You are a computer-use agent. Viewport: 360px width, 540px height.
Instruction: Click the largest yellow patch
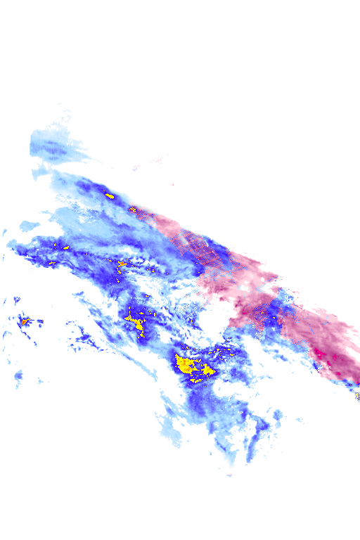188,366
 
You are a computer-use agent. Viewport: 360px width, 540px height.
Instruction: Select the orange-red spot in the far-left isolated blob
24,321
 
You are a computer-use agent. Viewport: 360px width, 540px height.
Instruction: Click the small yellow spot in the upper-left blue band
109,195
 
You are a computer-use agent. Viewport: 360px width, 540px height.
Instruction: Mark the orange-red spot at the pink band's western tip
133,209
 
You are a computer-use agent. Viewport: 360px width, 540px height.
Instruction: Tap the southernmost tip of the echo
229,475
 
